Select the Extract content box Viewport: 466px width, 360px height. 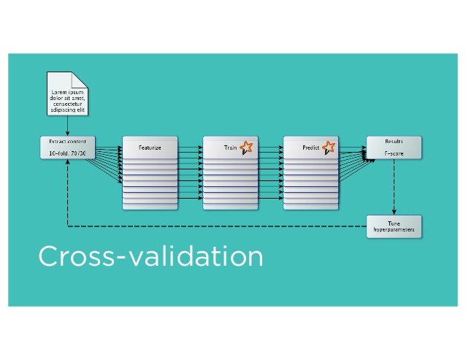[67, 147]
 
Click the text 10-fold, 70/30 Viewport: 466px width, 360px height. [67, 153]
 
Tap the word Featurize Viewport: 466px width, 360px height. [150, 148]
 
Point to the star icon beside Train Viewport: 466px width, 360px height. [246, 147]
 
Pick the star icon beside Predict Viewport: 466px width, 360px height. [329, 147]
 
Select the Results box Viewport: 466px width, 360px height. [394, 147]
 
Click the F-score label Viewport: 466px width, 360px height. [394, 153]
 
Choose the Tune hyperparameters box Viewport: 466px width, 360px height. [394, 226]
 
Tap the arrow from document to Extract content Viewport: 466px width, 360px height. [67, 126]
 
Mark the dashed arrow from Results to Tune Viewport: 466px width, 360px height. [394, 186]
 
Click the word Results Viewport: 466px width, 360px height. [394, 141]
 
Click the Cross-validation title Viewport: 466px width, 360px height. [150, 257]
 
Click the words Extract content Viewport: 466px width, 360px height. [67, 141]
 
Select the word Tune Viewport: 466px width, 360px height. [394, 221]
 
